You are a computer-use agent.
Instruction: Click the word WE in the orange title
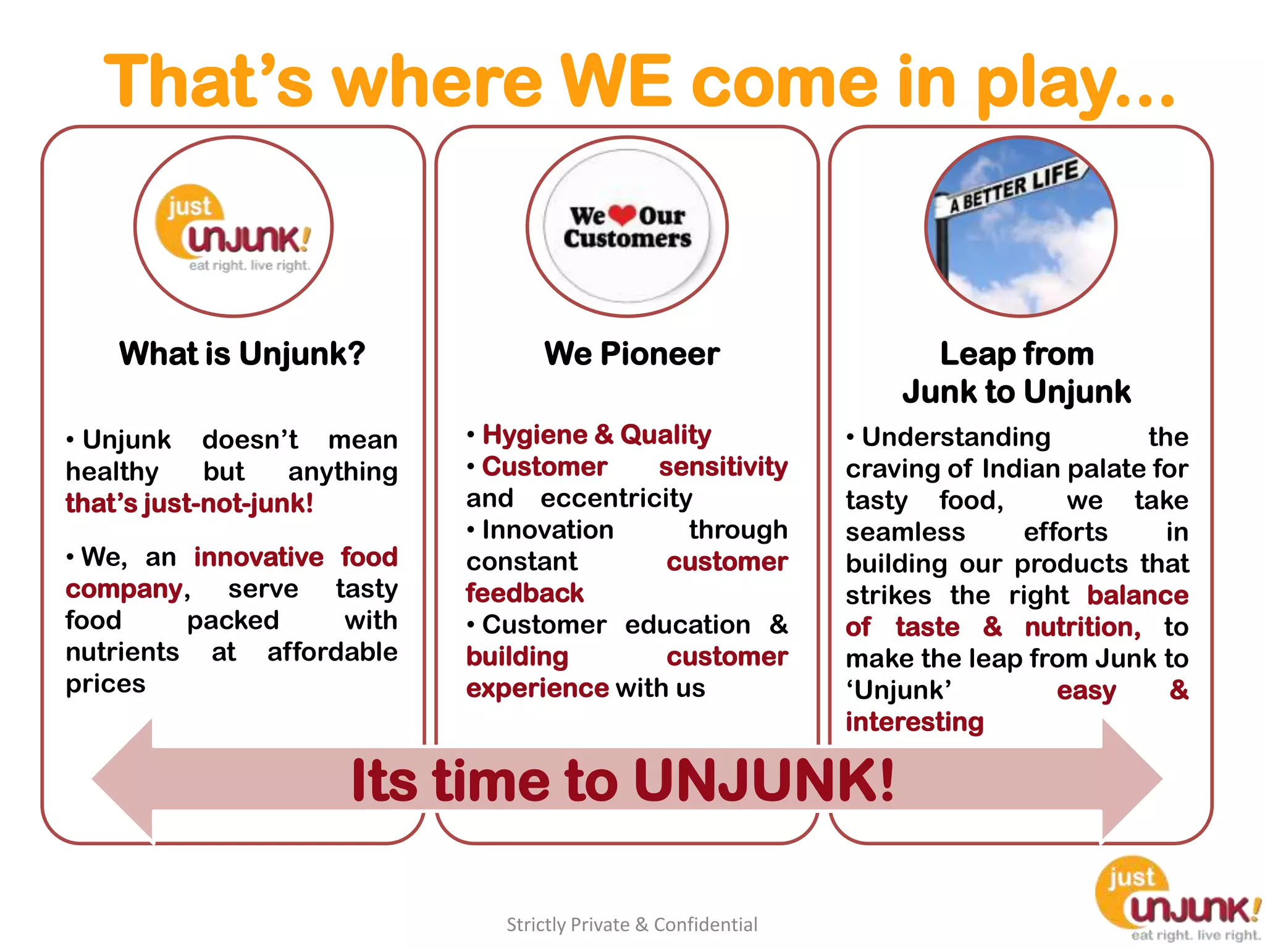pyautogui.click(x=615, y=82)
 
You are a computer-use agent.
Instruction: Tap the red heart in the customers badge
pyautogui.click(x=622, y=214)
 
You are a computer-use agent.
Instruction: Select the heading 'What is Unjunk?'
pyautogui.click(x=242, y=354)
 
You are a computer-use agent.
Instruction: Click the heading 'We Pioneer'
pyautogui.click(x=632, y=354)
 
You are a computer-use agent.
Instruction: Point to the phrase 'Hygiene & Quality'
pyautogui.click(x=596, y=435)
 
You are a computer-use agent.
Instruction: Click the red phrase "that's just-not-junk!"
pyautogui.click(x=190, y=504)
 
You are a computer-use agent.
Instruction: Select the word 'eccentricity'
pyautogui.click(x=616, y=499)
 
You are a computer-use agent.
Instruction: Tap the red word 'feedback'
pyautogui.click(x=524, y=593)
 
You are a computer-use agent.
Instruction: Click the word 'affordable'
pyautogui.click(x=332, y=652)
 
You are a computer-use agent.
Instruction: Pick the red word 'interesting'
pyautogui.click(x=914, y=722)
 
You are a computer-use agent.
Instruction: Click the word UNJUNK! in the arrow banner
pyautogui.click(x=764, y=780)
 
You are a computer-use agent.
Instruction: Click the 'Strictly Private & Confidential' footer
pyautogui.click(x=632, y=924)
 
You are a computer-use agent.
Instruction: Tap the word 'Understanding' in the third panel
pyautogui.click(x=956, y=437)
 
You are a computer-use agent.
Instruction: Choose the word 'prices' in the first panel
pyautogui.click(x=106, y=684)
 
